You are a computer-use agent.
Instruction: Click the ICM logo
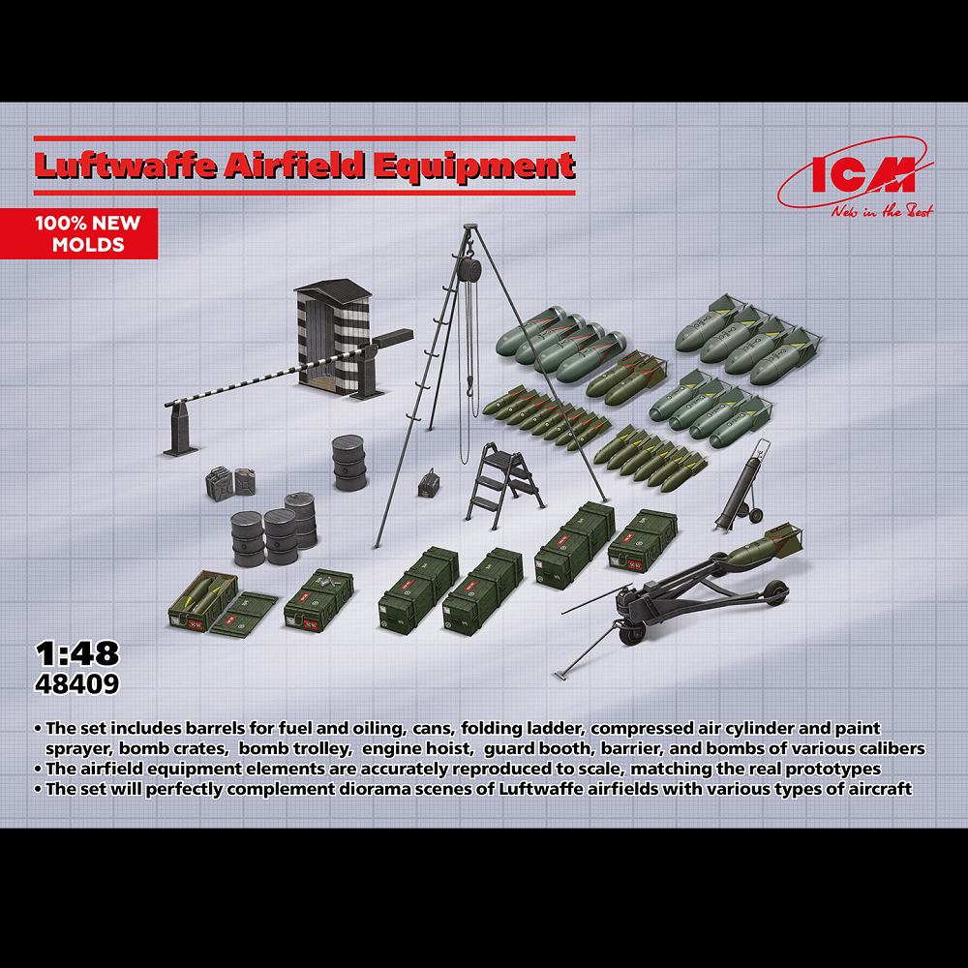856,176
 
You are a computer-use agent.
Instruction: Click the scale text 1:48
76,653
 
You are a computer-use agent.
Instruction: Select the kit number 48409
76,683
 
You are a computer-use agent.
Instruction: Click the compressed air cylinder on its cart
741,489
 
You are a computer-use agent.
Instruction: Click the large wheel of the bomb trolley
771,593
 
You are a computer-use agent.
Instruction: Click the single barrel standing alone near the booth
348,461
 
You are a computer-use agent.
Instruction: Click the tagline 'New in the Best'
881,211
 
